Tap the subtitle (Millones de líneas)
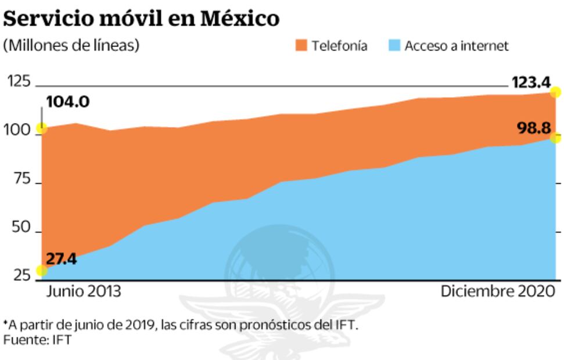(71, 45)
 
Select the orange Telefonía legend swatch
(300, 45)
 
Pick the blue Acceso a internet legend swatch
(393, 45)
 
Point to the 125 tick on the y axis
(19, 82)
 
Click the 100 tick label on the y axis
(19, 132)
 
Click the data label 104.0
(67, 103)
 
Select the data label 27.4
(61, 259)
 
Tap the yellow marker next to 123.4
(556, 92)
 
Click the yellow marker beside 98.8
(556, 138)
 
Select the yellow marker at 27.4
(42, 270)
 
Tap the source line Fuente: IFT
(37, 340)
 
